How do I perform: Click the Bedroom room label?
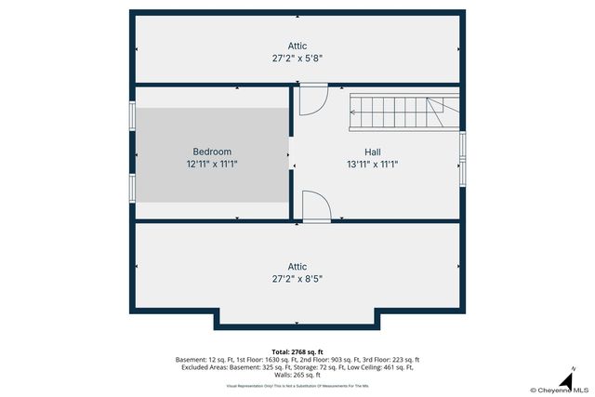(212, 152)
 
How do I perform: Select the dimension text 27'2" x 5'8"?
(297, 58)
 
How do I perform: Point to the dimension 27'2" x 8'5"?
(297, 278)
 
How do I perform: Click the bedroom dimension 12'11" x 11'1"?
(212, 164)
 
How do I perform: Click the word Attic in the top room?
(297, 46)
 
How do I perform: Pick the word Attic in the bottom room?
(297, 266)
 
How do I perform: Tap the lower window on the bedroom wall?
(133, 187)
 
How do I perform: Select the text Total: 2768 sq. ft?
(297, 351)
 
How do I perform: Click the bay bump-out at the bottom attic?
(297, 319)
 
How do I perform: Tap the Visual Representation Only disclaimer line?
(297, 384)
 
